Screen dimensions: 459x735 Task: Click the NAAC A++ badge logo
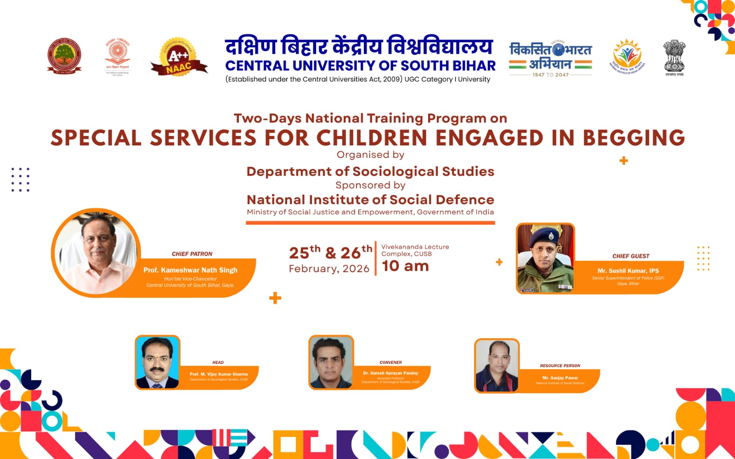pos(179,58)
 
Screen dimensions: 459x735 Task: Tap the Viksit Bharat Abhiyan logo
pos(550,59)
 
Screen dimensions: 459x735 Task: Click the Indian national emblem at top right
pos(674,57)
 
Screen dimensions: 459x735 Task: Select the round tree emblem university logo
pos(64,56)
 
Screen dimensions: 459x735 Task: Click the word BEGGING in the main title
pos(633,138)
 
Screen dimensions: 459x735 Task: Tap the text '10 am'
pos(405,266)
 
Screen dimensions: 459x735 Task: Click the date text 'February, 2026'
pos(329,269)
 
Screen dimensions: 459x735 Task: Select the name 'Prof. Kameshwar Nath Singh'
pos(190,270)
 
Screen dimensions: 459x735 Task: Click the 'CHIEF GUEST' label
pos(631,256)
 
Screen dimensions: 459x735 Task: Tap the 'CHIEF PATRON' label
pos(192,254)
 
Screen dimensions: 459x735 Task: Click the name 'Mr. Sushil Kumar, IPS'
pos(628,271)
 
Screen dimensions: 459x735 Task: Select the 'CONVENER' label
pos(390,363)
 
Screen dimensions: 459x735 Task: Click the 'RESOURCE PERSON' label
pos(560,366)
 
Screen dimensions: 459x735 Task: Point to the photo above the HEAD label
pos(157,362)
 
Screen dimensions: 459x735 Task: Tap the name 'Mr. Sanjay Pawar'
pos(560,378)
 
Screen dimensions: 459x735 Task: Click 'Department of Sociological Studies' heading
pos(370,172)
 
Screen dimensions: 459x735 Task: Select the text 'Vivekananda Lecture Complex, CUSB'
pos(415,250)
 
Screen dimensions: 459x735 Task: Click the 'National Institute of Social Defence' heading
pos(370,200)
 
